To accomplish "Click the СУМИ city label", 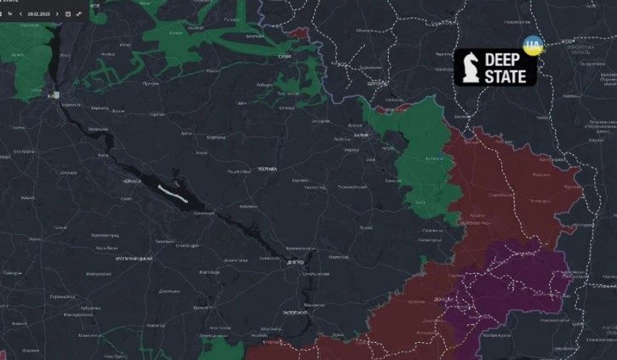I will coord(284,56).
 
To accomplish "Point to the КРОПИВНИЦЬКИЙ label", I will coord(135,258).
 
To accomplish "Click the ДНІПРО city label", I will coord(295,263).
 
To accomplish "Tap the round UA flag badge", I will coord(533,46).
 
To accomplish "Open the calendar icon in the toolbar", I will coord(67,14).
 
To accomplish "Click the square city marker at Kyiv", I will coord(55,95).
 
